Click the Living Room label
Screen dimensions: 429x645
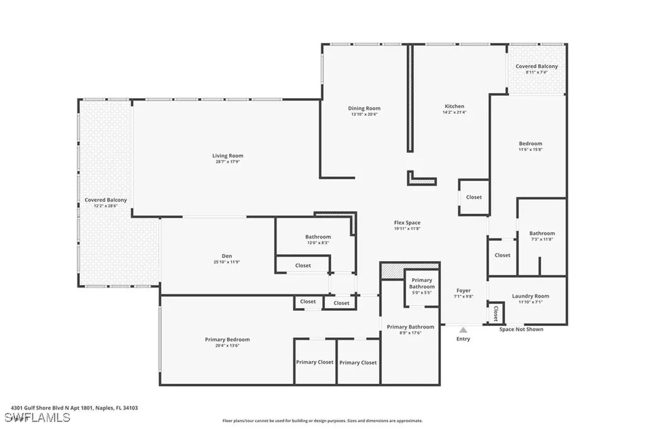[227, 156]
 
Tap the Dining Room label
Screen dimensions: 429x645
[364, 109]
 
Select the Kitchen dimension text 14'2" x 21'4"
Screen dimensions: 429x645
[454, 114]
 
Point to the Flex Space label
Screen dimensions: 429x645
[407, 223]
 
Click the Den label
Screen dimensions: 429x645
[227, 256]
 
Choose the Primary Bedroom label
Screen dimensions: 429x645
[227, 340]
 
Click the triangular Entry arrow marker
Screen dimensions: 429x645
[463, 330]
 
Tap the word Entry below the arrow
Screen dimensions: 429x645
[463, 339]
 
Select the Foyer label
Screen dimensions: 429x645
[463, 291]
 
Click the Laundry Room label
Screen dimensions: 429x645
[530, 296]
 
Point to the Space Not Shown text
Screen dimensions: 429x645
[521, 330]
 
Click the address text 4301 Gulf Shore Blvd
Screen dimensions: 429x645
[74, 408]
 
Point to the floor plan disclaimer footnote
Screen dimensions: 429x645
[322, 421]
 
